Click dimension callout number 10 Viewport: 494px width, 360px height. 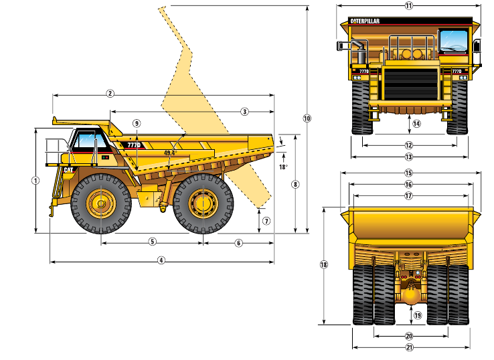click(307, 118)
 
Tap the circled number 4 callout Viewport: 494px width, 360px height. click(161, 260)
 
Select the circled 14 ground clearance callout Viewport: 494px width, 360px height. click(416, 124)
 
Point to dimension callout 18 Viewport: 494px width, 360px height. click(324, 264)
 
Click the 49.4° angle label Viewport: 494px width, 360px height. click(171, 153)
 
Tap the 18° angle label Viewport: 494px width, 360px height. click(283, 167)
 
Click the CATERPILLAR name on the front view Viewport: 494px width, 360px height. click(365, 21)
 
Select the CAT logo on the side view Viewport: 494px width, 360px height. click(68, 170)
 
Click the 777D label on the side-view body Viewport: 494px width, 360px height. click(134, 145)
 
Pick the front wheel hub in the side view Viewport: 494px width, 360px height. click(101, 204)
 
